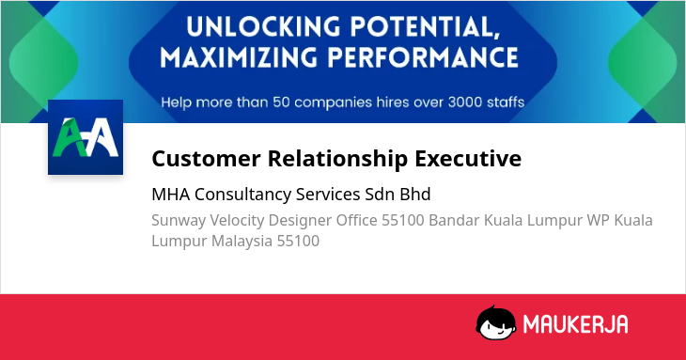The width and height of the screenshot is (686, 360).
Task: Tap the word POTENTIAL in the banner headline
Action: click(426, 27)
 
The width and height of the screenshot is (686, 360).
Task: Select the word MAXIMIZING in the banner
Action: click(239, 57)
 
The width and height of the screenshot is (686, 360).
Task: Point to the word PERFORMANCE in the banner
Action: click(423, 57)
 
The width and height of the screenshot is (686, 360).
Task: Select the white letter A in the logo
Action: click(102, 137)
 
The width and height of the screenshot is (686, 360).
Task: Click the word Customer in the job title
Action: click(206, 158)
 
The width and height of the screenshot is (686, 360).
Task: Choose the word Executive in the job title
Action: click(468, 158)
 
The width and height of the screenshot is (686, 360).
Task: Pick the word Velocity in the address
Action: click(237, 221)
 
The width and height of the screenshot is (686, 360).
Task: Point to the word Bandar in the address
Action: click(454, 220)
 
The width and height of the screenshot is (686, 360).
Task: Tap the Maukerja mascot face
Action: click(495, 322)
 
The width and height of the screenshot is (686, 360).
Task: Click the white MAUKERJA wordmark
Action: click(576, 324)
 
